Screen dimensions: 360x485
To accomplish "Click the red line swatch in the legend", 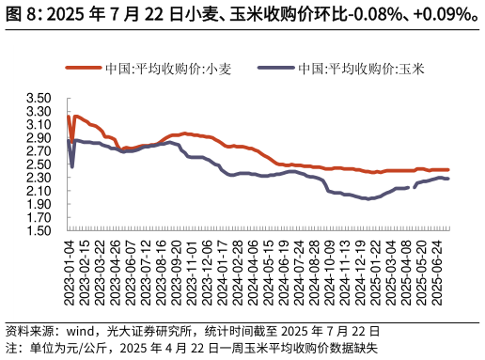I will tap(83, 69).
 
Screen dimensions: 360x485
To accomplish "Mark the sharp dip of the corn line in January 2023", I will tap(72, 166).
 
